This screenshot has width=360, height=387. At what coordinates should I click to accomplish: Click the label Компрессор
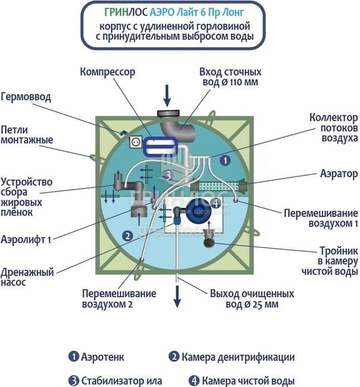coord(108,72)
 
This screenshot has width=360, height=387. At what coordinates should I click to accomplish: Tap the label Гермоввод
coord(26,97)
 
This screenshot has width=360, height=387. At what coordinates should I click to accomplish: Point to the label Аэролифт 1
coord(26,240)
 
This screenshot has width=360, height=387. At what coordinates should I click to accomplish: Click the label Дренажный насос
coord(27,278)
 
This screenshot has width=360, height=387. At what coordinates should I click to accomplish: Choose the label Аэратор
coord(339,173)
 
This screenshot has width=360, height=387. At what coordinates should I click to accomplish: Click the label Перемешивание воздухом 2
coord(119,299)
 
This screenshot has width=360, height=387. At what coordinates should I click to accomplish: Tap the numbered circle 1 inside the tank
coord(225,159)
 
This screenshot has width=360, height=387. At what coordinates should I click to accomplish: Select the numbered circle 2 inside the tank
coord(128,235)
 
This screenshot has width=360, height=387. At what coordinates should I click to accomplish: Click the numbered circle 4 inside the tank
coord(216,203)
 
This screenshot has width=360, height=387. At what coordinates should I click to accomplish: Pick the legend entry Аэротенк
coord(96,357)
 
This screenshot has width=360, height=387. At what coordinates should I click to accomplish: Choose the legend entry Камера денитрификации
coord(231,357)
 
